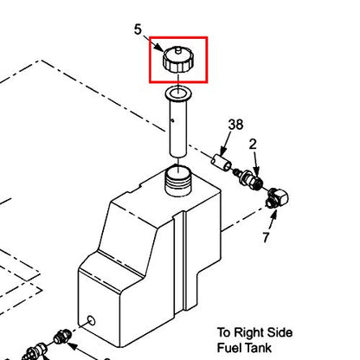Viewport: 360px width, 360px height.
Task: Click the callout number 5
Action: coord(138,29)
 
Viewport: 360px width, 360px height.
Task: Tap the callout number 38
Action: coord(235,125)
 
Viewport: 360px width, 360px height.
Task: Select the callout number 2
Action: coord(253,145)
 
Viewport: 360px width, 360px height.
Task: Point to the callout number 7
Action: coord(266,237)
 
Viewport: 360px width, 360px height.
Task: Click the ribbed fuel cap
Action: coord(178,61)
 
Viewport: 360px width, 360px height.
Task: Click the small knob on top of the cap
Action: coord(178,50)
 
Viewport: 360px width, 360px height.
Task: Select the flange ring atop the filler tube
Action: coord(178,93)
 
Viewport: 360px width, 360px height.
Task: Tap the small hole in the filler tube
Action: coord(172,120)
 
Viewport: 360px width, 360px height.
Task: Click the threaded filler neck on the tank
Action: coord(178,180)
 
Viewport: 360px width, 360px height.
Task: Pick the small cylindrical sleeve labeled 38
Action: coord(222,163)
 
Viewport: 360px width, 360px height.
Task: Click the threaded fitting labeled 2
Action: coord(249,179)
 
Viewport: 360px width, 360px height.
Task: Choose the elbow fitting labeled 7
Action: coord(277,197)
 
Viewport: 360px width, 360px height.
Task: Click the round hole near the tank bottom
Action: coord(91,320)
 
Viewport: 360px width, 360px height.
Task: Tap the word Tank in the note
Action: coord(258,348)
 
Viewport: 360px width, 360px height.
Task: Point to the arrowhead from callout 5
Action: coord(159,48)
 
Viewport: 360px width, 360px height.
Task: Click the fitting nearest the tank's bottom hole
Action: coord(61,337)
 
